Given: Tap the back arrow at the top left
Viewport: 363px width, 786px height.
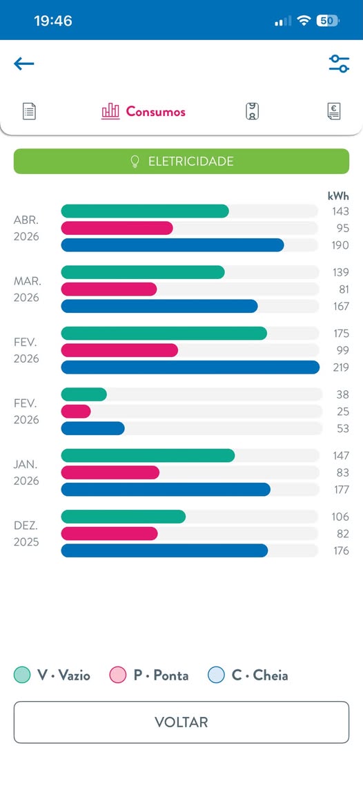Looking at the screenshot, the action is (x=24, y=64).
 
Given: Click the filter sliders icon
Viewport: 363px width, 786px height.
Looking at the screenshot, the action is (x=339, y=64).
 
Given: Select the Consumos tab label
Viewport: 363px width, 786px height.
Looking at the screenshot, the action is (x=156, y=111).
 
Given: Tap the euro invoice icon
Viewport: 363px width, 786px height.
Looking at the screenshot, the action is (x=333, y=111).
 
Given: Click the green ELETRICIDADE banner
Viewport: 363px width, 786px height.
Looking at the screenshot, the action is (x=181, y=162).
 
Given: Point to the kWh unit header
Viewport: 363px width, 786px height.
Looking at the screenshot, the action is (x=338, y=195).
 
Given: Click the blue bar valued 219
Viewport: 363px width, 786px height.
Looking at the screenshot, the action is (x=190, y=367).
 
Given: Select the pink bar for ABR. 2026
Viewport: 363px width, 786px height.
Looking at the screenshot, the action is (x=117, y=228).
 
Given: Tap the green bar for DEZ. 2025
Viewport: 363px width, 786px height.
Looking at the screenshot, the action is (x=123, y=517).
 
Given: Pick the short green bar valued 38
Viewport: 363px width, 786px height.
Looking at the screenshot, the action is (x=84, y=394).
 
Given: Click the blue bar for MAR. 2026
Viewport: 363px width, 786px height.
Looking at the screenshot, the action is (x=159, y=306).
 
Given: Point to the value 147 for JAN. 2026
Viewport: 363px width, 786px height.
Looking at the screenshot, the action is (x=341, y=456).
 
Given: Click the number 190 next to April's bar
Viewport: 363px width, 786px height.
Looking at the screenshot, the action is (x=341, y=245).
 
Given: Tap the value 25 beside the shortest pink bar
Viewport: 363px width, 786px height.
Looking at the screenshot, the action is (x=343, y=412).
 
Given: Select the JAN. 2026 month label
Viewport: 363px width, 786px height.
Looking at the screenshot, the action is (x=26, y=472).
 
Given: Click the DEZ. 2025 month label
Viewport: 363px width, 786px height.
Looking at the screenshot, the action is (x=26, y=534).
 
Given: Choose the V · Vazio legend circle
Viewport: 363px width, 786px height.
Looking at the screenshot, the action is (x=22, y=675).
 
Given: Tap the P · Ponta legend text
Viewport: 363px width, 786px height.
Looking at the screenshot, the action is (x=161, y=675).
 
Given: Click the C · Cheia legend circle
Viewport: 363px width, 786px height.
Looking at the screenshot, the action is (x=216, y=675).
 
